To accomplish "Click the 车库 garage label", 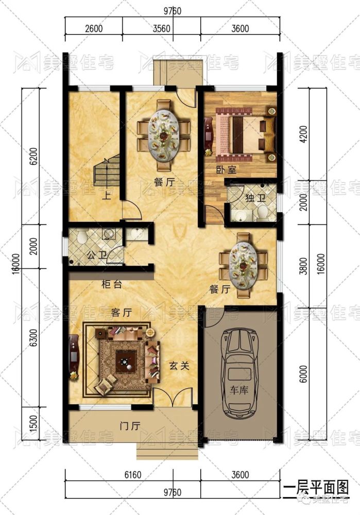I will [x=238, y=390].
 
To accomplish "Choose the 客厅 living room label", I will [x=122, y=313].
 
